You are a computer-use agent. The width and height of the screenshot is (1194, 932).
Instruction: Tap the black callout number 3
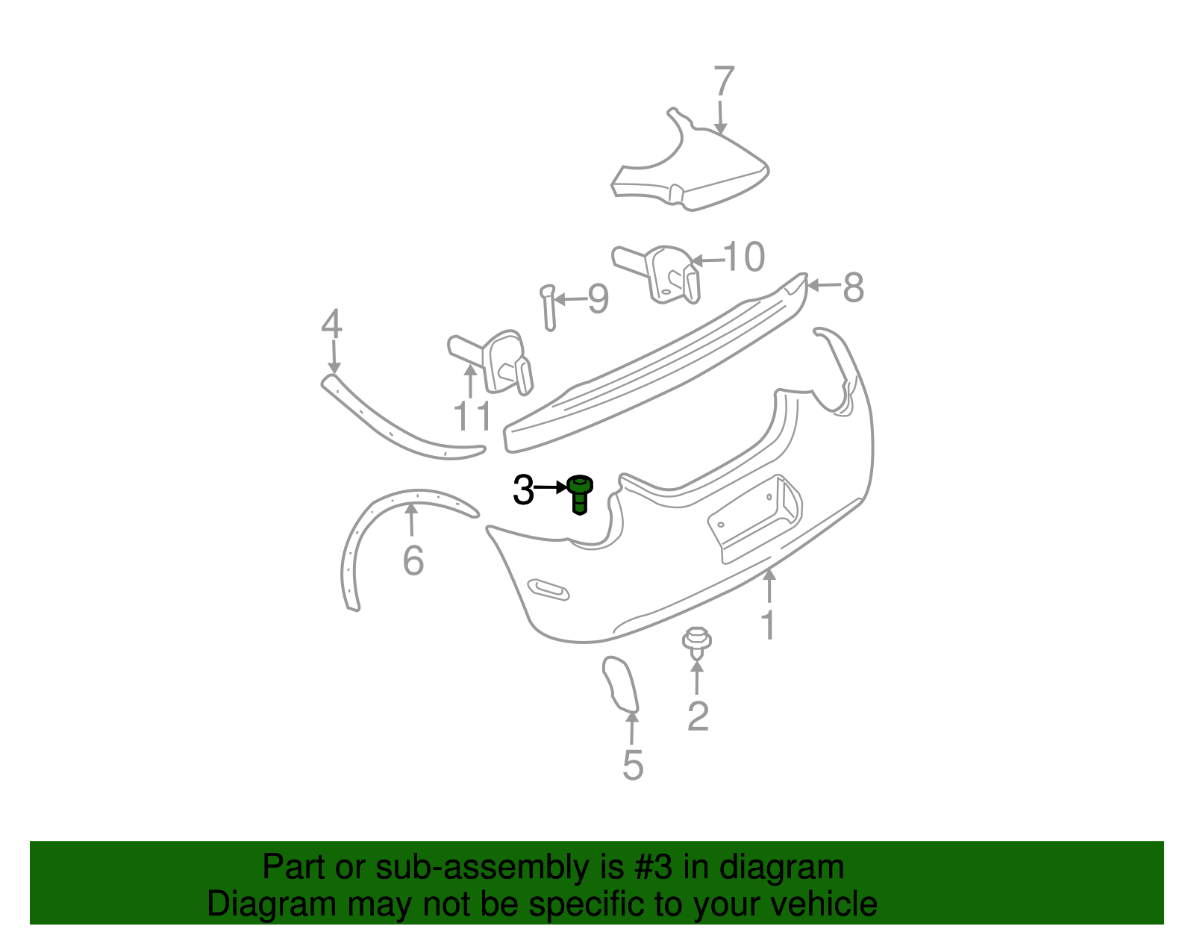523,490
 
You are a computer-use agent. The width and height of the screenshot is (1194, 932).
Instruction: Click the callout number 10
744,257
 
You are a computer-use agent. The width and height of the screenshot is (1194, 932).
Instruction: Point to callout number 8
853,287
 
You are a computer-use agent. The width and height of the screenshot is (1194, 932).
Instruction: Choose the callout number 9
598,299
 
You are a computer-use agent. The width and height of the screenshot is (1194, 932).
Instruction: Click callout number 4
331,325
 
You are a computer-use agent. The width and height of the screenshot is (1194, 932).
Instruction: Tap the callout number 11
473,416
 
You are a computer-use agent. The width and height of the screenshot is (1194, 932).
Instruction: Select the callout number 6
413,560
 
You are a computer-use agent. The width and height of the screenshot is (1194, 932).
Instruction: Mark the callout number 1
768,625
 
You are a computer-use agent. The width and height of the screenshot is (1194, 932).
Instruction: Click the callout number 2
698,716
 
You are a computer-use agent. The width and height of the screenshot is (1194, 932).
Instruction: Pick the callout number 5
633,766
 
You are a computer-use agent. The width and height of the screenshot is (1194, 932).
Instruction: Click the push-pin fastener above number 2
696,642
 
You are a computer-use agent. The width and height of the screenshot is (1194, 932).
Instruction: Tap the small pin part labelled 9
548,306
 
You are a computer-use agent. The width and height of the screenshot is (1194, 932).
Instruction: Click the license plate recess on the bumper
754,519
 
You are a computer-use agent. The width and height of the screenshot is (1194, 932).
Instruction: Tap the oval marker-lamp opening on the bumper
548,589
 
